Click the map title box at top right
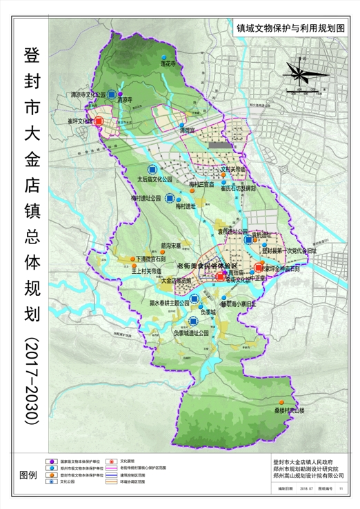[290, 30]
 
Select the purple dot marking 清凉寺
[120, 94]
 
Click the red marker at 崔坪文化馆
[99, 121]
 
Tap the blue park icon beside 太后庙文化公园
[151, 170]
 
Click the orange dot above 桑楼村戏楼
[281, 402]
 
